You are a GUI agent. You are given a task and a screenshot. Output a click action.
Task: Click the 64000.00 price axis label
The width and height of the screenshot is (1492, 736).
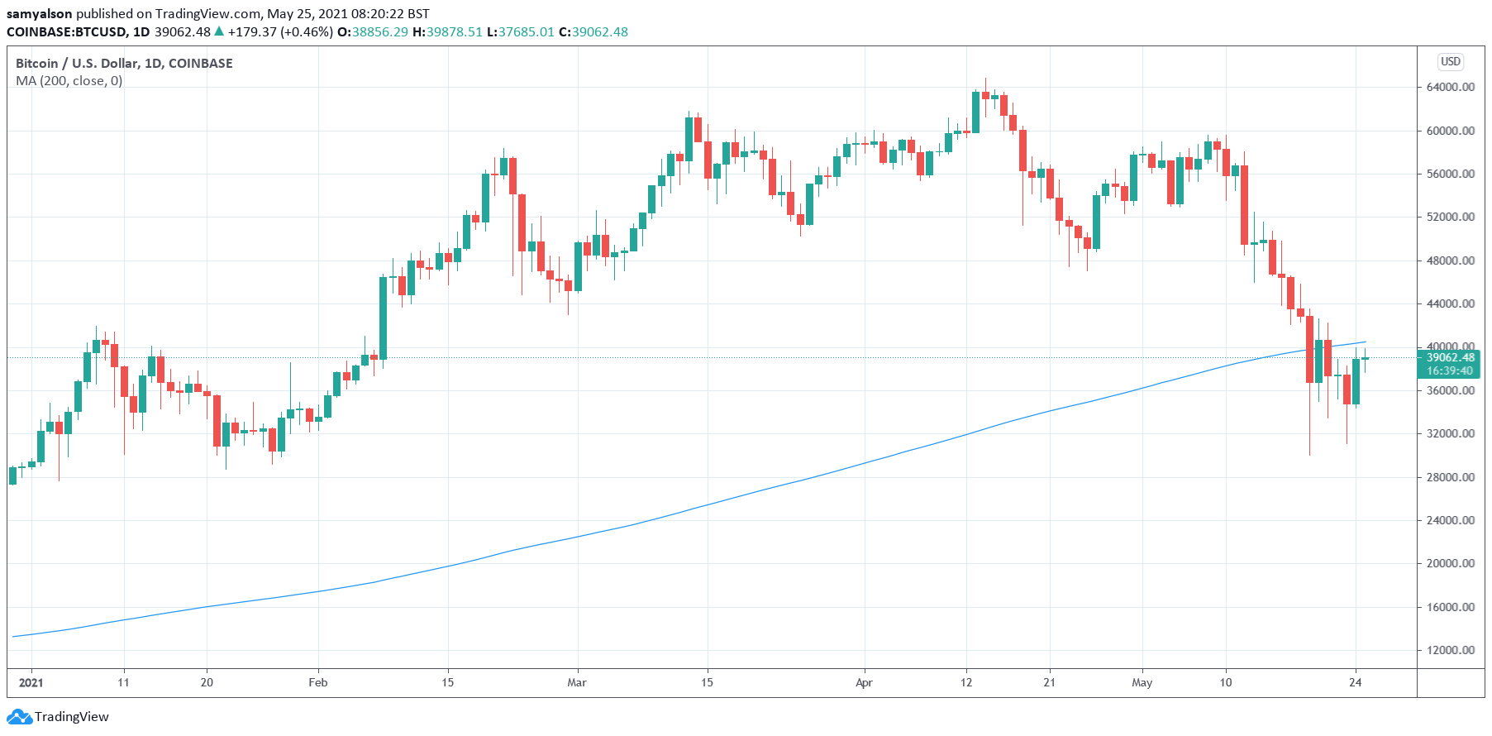pos(1450,87)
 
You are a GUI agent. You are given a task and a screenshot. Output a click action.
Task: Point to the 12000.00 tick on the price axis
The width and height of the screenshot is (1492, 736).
pos(1450,650)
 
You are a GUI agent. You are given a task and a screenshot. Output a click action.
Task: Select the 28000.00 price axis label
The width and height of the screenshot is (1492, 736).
pos(1450,477)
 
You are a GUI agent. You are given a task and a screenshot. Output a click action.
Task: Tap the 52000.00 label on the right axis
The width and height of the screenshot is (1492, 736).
pos(1450,217)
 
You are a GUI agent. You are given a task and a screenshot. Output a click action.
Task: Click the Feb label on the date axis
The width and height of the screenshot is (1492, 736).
pos(318,682)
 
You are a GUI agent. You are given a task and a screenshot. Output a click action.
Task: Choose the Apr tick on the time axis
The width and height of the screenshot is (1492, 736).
pos(864,682)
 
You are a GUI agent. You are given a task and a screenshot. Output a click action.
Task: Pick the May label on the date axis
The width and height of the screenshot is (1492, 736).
pos(1142,682)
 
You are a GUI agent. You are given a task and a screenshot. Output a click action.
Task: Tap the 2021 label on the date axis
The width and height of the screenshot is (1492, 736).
pos(31,682)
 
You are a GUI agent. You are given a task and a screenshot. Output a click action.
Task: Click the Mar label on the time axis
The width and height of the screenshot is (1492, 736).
pos(577,682)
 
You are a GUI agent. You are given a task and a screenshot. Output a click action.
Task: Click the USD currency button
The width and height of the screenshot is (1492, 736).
pos(1451,61)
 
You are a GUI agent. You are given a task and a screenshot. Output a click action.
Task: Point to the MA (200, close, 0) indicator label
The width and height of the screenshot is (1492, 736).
pos(69,81)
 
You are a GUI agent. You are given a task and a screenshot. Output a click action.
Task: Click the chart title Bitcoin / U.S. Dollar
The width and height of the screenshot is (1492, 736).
pos(124,63)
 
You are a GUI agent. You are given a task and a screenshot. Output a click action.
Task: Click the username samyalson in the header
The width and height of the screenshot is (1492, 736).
pos(39,13)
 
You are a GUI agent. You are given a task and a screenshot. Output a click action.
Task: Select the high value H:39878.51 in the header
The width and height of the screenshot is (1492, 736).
pos(447,32)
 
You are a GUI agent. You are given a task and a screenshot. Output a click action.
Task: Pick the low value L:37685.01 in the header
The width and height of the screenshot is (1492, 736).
pos(520,32)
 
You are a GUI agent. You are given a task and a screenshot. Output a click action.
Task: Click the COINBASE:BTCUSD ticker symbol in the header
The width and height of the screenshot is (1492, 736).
pos(66,32)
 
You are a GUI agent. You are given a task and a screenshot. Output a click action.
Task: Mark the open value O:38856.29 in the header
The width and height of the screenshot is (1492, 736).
pos(373,32)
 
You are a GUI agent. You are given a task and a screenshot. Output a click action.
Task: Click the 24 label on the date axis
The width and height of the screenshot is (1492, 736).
pos(1355,682)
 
